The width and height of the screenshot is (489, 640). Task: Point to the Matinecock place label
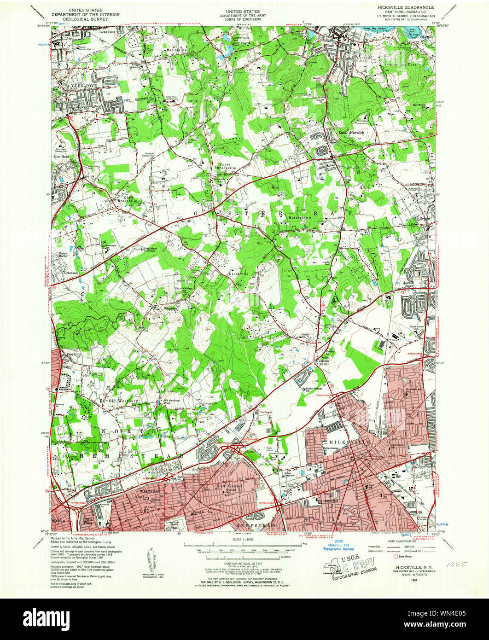pyautogui.click(x=176, y=48)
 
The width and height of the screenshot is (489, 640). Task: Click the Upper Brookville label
pyautogui.click(x=225, y=166)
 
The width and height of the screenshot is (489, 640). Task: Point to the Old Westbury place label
pyautogui.click(x=123, y=401)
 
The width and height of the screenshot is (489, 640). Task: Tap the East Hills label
pyautogui.click(x=74, y=355)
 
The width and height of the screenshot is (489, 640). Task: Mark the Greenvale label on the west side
pyautogui.click(x=70, y=272)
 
